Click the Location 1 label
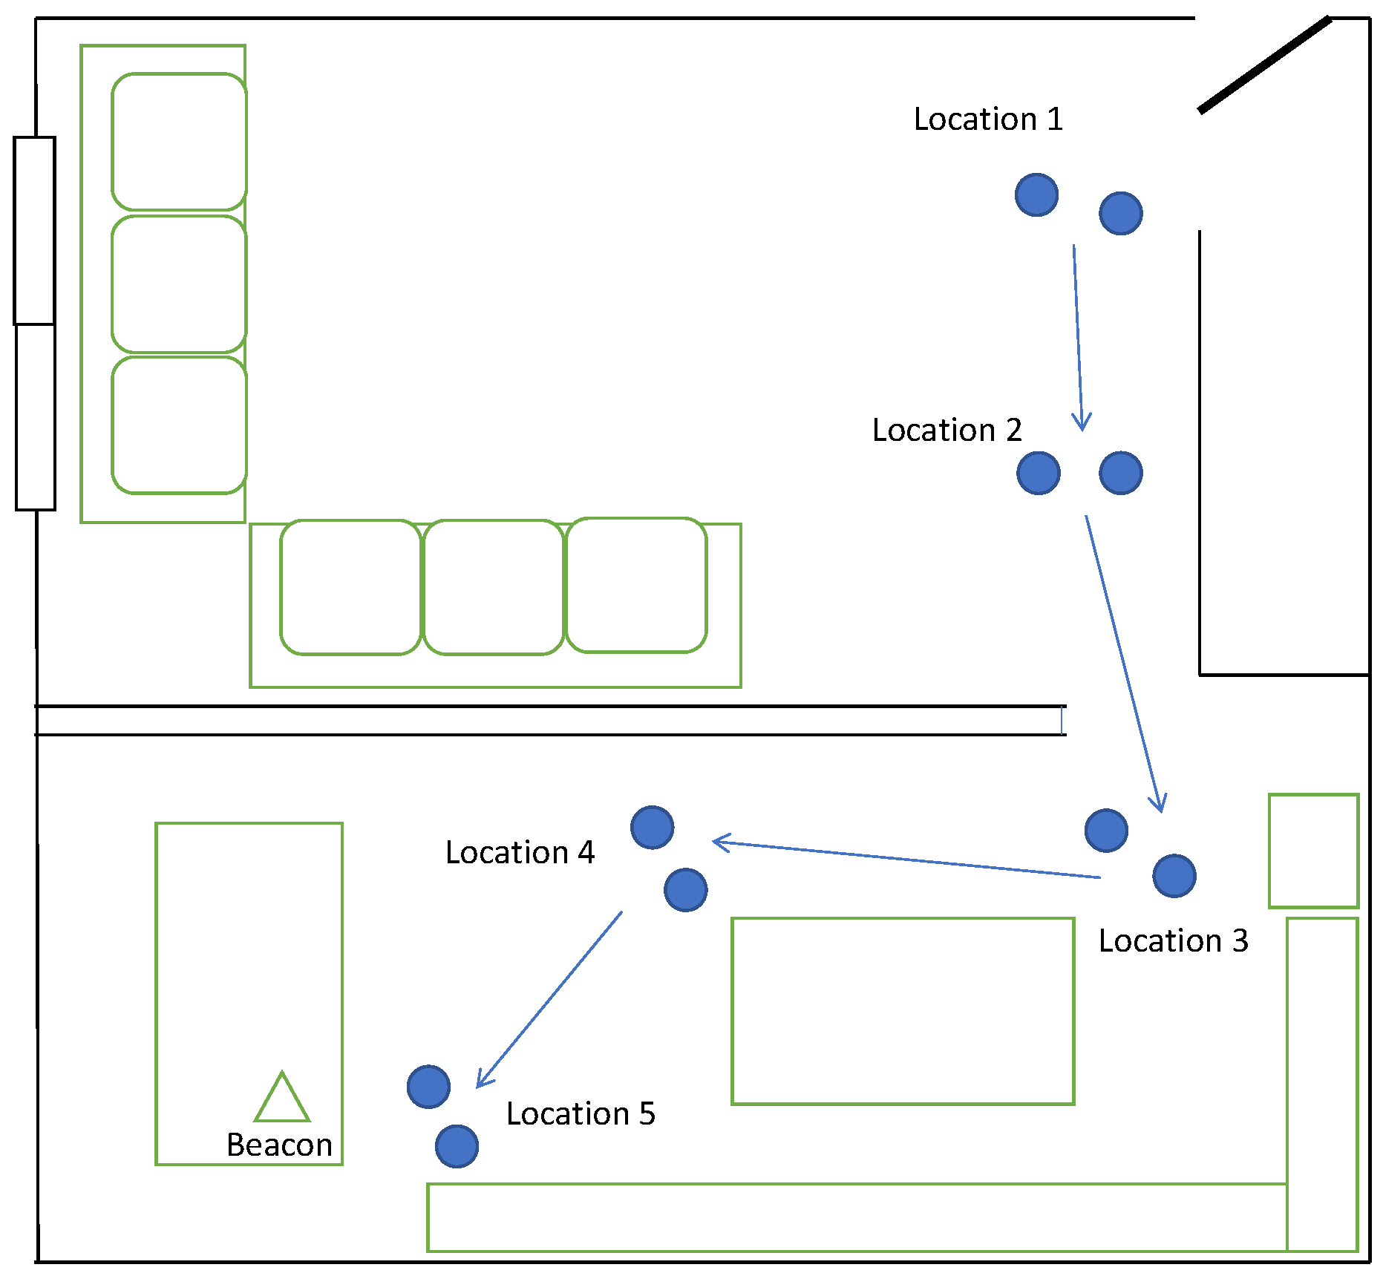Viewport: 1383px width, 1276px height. pos(987,120)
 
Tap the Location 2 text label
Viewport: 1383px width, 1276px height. pos(946,431)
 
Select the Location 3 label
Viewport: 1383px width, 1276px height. pos(1173,941)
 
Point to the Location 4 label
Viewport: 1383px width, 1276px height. pos(520,853)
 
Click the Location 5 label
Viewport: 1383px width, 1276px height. pos(581,1114)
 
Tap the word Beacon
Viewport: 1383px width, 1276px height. pos(279,1145)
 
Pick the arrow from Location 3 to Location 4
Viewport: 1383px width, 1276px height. pos(906,860)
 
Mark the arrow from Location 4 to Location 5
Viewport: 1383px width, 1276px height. pos(549,999)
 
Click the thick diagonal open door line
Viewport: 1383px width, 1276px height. pos(1264,65)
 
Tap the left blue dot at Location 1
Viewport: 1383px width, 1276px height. pos(1036,195)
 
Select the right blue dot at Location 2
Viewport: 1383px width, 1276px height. pos(1120,473)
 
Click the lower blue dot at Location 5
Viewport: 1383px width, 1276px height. pos(457,1146)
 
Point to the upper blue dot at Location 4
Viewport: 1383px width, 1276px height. pos(652,827)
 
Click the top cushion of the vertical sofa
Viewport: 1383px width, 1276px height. pos(179,142)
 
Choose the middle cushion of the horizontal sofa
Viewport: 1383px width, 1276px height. pos(494,587)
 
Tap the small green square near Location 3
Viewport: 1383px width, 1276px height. pos(1313,851)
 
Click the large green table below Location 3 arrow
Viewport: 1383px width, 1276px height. pos(903,1011)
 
